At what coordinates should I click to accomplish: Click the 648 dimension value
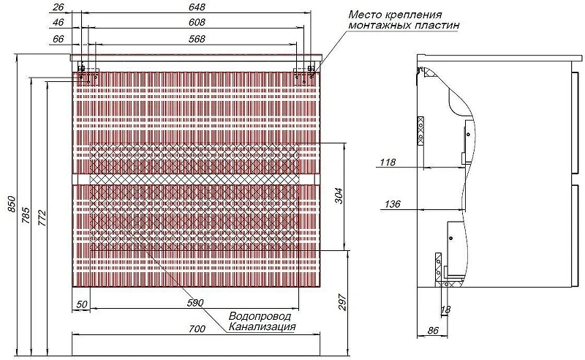(x=197, y=7)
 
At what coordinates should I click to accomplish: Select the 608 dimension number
(x=197, y=23)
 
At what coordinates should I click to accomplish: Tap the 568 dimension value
(x=197, y=39)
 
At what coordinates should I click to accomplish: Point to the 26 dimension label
(x=58, y=7)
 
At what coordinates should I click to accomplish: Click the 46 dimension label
(x=58, y=23)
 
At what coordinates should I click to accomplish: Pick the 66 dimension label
(x=58, y=39)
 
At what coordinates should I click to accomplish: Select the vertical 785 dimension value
(x=26, y=215)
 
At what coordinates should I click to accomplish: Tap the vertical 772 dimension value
(x=42, y=219)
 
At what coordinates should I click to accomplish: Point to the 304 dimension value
(x=339, y=195)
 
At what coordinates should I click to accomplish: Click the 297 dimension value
(x=343, y=302)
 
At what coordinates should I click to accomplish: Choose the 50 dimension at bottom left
(x=82, y=304)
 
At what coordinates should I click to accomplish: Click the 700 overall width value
(x=197, y=329)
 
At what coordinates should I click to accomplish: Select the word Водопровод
(x=260, y=316)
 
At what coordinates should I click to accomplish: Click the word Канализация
(x=262, y=327)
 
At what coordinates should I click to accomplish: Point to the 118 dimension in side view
(x=388, y=162)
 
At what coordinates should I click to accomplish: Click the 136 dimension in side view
(x=393, y=204)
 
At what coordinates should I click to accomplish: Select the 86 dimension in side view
(x=433, y=331)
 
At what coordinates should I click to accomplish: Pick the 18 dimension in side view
(x=445, y=310)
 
